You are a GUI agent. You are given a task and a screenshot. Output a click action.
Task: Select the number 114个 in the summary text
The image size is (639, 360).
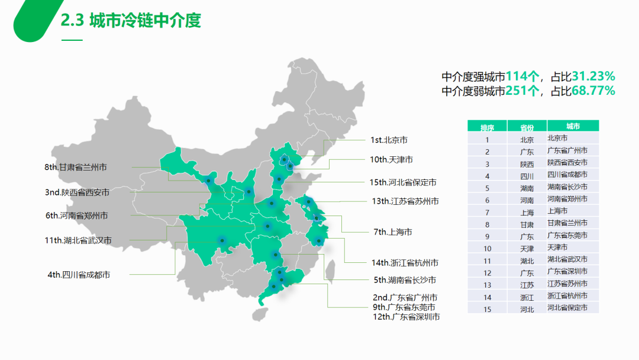524,76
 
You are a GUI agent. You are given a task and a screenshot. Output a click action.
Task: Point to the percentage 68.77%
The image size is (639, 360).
593,91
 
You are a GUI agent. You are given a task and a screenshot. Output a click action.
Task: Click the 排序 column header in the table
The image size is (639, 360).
487,127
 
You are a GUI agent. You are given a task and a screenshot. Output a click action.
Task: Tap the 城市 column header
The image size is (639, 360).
573,126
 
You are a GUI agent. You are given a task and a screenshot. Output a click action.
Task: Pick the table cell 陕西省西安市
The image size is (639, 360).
567,162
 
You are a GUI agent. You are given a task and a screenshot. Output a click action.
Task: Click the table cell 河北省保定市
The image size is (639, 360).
567,308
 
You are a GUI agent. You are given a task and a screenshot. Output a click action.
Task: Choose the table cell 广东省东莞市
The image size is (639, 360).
567,235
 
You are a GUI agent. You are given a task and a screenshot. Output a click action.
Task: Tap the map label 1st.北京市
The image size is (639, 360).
389,140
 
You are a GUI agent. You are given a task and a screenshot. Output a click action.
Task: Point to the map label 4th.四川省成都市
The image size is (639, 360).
79,275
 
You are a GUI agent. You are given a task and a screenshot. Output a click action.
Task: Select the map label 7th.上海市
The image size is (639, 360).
393,232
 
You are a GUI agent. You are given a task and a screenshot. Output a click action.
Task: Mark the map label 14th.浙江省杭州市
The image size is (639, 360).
405,262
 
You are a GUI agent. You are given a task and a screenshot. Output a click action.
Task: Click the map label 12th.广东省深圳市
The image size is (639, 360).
406,317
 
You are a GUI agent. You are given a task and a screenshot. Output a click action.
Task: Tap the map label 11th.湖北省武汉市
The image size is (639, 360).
78,240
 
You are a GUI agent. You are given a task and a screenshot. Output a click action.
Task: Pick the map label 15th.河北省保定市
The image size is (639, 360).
403,182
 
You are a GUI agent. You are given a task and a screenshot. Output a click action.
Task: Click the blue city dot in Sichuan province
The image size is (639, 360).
222,240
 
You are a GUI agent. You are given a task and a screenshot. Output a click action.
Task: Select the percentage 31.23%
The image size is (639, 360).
593,76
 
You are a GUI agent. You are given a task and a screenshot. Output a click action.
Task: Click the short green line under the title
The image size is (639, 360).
72,40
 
